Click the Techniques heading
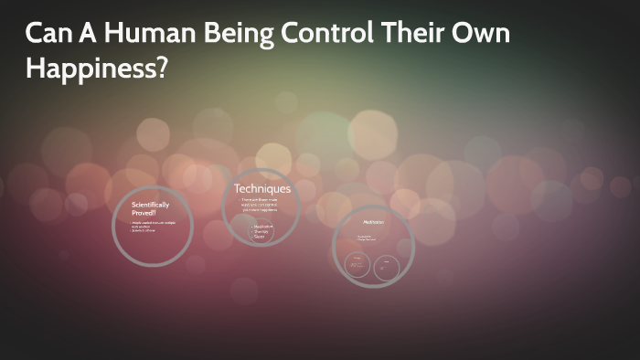262,189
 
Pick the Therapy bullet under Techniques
264,231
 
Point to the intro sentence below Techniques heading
262,205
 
